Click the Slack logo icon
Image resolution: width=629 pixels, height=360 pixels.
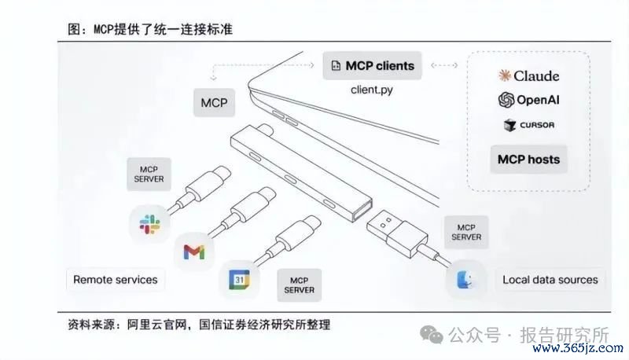(149, 224)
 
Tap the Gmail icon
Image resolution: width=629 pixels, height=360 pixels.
(194, 252)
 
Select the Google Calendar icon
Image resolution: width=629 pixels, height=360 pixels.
(239, 279)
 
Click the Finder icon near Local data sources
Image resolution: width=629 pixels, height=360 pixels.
(465, 279)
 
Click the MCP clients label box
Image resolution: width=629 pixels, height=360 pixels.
(372, 65)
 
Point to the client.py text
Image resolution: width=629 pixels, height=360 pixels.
(371, 90)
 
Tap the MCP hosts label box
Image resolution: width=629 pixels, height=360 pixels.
(528, 159)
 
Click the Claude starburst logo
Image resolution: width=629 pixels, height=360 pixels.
(505, 75)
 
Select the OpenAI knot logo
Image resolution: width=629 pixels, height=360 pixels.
(506, 100)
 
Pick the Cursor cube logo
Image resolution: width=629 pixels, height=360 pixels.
(509, 125)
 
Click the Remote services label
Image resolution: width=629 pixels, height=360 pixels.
(115, 280)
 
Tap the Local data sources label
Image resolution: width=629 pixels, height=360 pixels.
(550, 280)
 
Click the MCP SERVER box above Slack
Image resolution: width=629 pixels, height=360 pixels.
(149, 174)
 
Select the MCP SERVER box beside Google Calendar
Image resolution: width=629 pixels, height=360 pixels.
(300, 285)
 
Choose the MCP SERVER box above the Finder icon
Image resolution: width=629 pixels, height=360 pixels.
(466, 232)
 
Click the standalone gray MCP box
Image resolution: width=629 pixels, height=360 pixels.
(214, 103)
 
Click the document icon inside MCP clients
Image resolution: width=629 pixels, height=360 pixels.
(336, 66)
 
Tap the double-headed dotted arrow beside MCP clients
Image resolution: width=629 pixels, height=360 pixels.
(444, 65)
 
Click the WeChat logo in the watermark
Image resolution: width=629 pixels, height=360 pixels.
(432, 334)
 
